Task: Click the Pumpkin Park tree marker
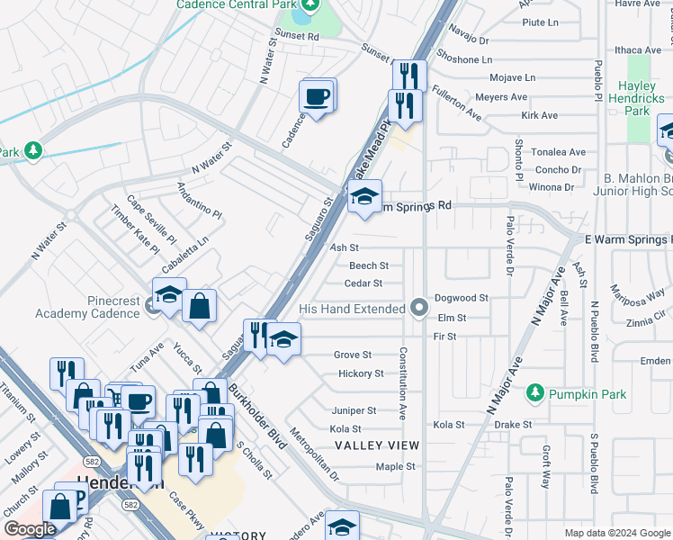coord(535,392)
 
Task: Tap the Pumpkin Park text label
coord(579,393)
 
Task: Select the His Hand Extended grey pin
coord(418,309)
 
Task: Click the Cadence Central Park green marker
coord(310,4)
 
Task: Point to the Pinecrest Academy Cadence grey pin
coord(150,308)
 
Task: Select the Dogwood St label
coord(461,298)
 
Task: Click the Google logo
coord(30,530)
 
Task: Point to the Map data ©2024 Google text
coord(616,533)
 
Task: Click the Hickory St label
coord(361,373)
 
